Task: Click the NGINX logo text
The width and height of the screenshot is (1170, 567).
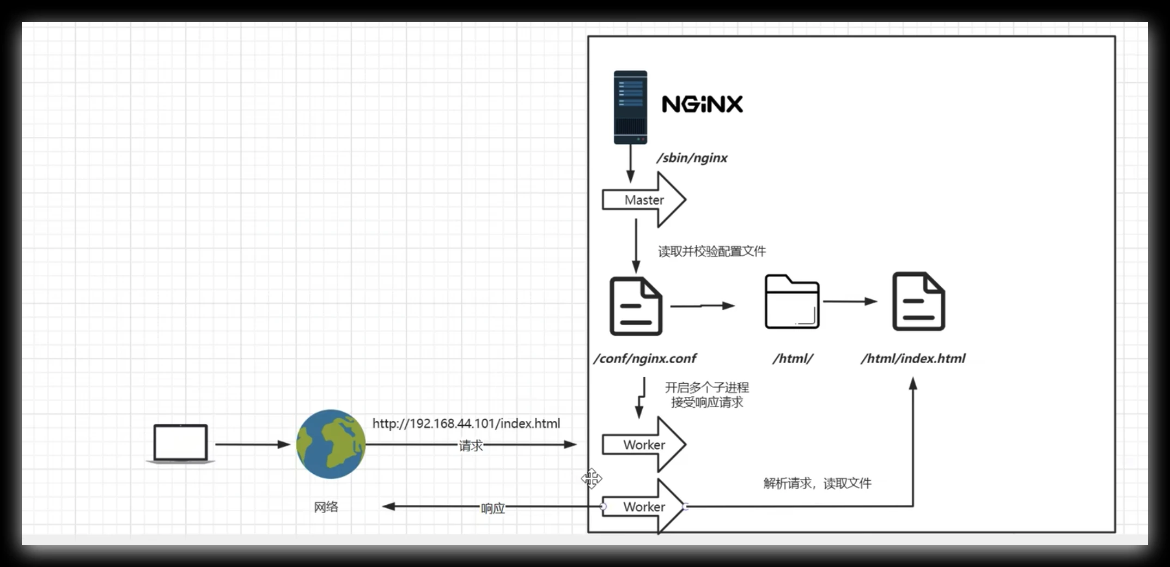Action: (702, 104)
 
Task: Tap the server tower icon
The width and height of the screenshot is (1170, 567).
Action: (630, 107)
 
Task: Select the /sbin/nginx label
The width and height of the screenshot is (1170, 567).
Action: (692, 158)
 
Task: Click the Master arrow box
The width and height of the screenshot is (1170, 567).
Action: (643, 200)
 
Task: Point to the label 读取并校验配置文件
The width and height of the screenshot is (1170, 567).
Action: (711, 251)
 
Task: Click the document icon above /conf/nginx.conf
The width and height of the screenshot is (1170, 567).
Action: (636, 306)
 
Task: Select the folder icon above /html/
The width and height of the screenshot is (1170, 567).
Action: (791, 302)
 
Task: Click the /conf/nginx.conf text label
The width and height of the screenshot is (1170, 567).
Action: (645, 359)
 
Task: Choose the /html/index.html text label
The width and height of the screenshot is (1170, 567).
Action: (913, 359)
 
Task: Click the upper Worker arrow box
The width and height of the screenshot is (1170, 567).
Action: (643, 445)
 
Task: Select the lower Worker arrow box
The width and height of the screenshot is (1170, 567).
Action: (643, 507)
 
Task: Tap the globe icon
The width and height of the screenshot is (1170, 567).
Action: (331, 444)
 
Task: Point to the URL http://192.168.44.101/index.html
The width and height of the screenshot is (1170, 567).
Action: (466, 424)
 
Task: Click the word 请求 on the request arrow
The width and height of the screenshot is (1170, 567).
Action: (471, 446)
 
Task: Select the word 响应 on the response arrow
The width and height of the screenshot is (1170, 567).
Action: (492, 508)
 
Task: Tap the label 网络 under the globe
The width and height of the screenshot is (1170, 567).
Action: (326, 507)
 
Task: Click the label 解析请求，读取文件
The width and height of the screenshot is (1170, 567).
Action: (817, 483)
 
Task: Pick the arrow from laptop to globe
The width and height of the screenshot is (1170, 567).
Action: (252, 444)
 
